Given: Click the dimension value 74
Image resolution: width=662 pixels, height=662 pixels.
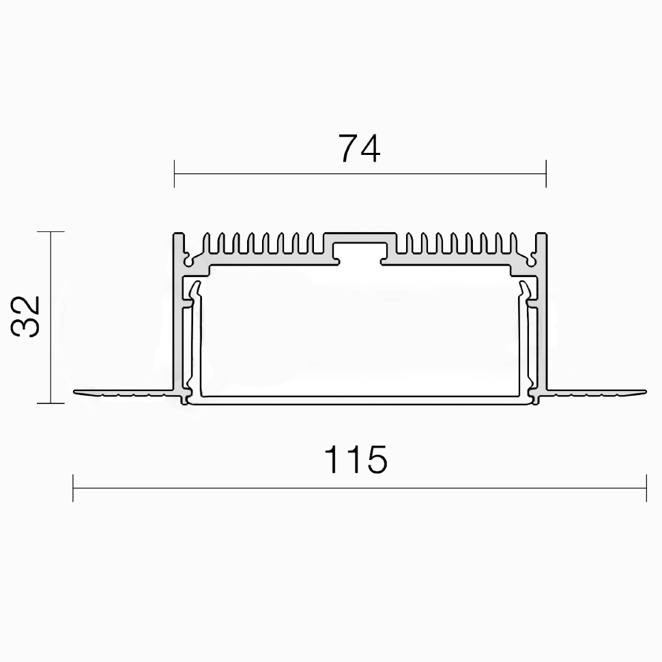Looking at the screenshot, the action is tap(359, 148).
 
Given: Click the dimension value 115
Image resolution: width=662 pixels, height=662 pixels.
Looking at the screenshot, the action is tap(356, 459).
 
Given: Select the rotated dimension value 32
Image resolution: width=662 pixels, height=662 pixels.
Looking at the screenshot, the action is tap(26, 316).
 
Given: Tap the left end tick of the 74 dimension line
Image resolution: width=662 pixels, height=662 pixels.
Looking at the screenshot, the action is tap(174, 173).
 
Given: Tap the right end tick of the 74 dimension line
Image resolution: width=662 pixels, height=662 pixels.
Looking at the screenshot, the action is tap(546, 173).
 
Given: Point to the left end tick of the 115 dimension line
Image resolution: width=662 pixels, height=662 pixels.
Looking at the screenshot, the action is tap(73, 488).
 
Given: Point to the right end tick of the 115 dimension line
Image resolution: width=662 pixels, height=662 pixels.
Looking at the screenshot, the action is tap(646, 488).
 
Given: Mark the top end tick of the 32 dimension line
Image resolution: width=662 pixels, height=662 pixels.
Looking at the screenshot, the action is tap(51, 232).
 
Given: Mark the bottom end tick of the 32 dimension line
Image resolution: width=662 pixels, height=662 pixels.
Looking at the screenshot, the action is tap(51, 403).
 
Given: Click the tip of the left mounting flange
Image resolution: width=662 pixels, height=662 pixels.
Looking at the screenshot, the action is tap(74, 392).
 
